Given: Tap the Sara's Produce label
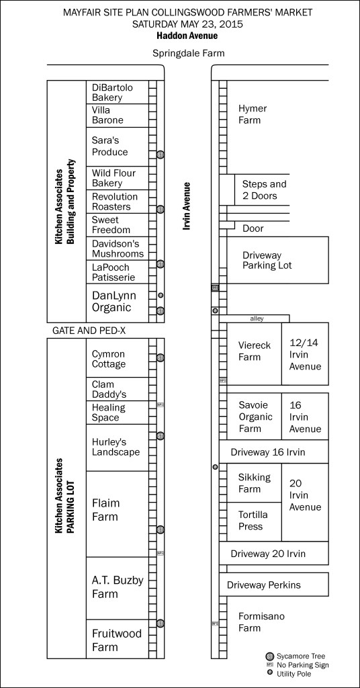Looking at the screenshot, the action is click(110, 146).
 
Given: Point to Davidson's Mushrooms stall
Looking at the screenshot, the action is click(117, 249).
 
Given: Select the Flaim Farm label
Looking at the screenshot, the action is click(105, 510).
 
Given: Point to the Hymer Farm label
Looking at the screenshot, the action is click(253, 114).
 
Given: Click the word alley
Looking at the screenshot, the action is click(257, 318).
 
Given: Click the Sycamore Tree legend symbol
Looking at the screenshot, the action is click(269, 655).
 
